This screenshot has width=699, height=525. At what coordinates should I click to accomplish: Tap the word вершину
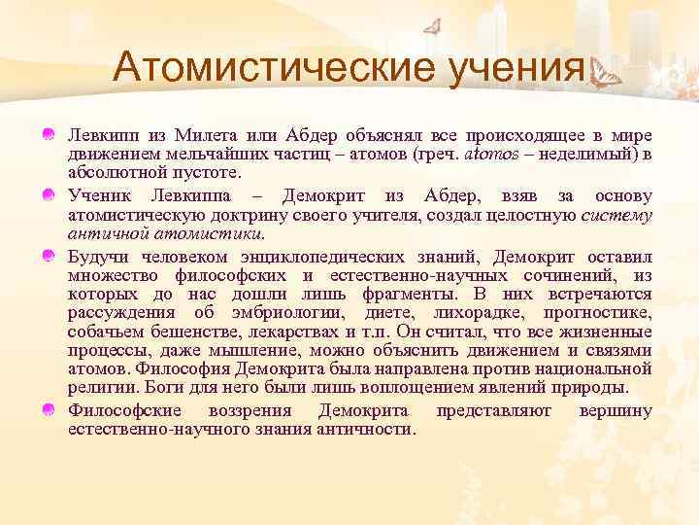[615, 410]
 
